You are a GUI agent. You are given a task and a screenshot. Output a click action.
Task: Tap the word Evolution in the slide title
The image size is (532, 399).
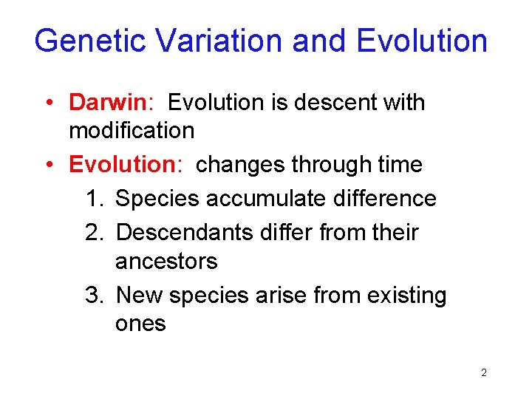coord(422,41)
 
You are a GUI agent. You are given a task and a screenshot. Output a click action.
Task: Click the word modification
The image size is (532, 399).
coord(132,132)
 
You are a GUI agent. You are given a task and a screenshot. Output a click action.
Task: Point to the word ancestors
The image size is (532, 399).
coord(166,262)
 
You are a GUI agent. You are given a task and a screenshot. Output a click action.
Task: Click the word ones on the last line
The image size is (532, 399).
coord(140,324)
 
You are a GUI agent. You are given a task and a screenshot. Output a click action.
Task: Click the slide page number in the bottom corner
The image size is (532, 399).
coord(483,373)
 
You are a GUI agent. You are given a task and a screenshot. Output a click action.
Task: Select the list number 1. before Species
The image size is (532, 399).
coord(95,198)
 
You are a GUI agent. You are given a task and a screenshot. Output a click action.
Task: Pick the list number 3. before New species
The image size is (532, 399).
coord(95,296)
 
